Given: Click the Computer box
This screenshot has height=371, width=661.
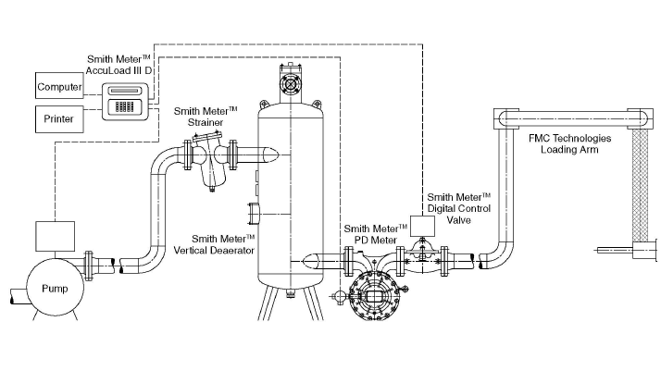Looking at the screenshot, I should (x=58, y=88).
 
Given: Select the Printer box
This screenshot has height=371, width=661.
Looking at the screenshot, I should (x=58, y=119).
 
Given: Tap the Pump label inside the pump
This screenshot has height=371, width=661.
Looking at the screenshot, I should (x=55, y=289).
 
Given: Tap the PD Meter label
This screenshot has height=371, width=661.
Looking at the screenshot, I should (x=375, y=233).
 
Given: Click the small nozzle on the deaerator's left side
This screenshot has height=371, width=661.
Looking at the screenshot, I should (x=254, y=216).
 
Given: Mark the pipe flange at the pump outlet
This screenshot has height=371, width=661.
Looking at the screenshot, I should (x=90, y=264).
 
